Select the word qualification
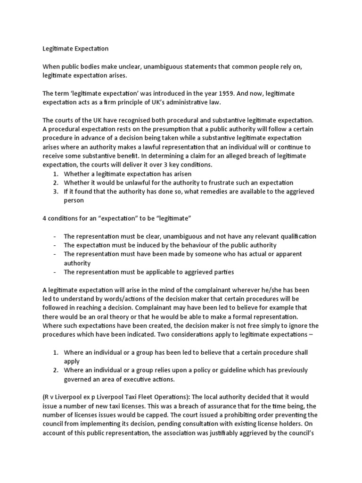coord(296,236)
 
